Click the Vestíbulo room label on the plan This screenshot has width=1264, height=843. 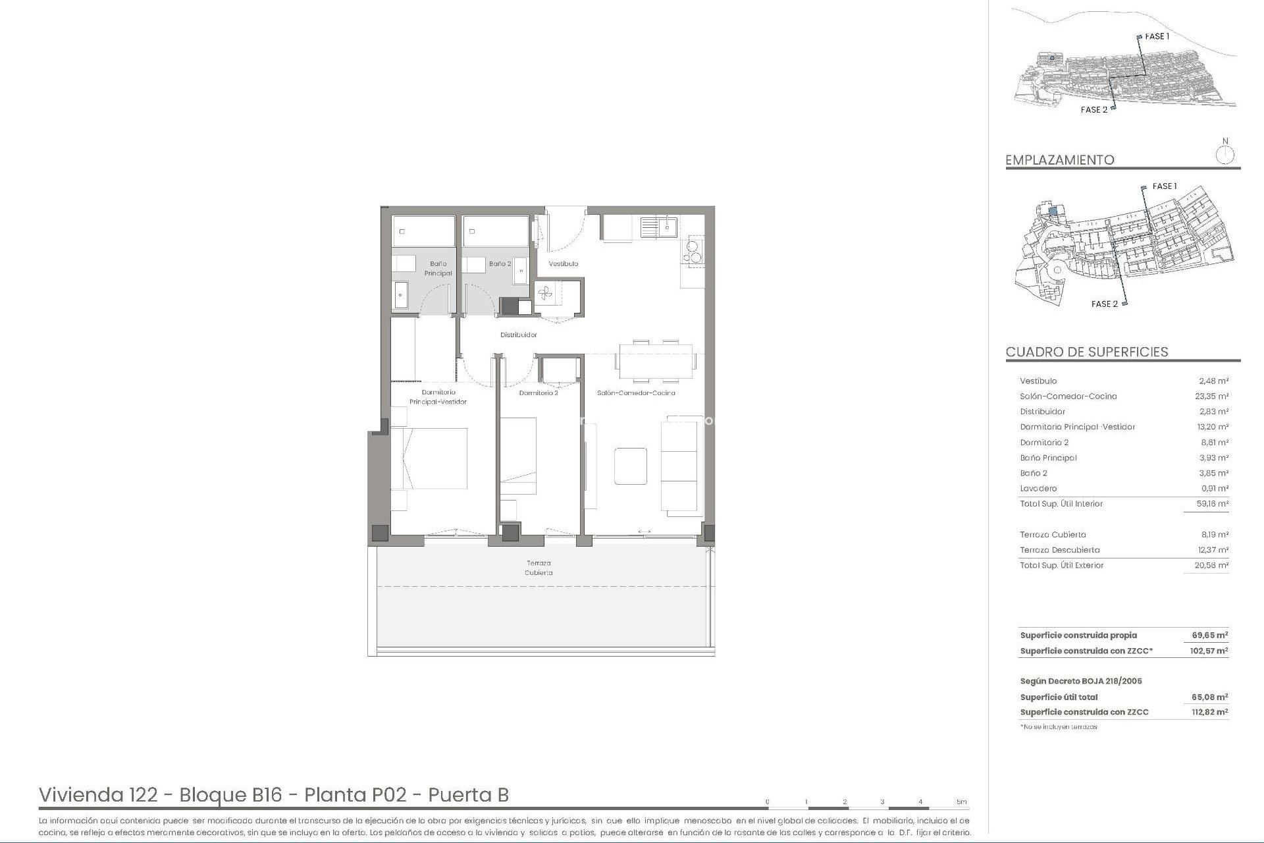click(563, 263)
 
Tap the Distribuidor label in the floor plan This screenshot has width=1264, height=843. click(518, 335)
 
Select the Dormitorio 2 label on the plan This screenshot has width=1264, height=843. click(538, 393)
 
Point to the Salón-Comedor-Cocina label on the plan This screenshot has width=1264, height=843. click(636, 393)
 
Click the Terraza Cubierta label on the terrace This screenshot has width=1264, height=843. click(539, 568)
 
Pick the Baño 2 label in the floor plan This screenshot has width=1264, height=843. click(500, 263)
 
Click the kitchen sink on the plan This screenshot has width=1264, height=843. click(659, 228)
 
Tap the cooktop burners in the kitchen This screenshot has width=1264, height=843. click(693, 252)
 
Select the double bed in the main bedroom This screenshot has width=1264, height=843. click(429, 458)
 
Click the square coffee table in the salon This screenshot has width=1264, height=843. click(630, 466)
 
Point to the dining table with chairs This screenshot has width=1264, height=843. click(656, 362)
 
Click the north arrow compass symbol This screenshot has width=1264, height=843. click(1224, 155)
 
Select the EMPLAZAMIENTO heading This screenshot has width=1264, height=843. click(1059, 159)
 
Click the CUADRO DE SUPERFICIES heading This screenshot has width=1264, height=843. click(1086, 352)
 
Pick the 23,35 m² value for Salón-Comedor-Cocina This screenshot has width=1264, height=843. click(1211, 396)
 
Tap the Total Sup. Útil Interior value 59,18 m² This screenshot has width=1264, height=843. click(1211, 503)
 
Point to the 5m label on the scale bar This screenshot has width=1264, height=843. click(961, 802)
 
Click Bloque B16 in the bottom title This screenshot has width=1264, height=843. click(230, 795)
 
